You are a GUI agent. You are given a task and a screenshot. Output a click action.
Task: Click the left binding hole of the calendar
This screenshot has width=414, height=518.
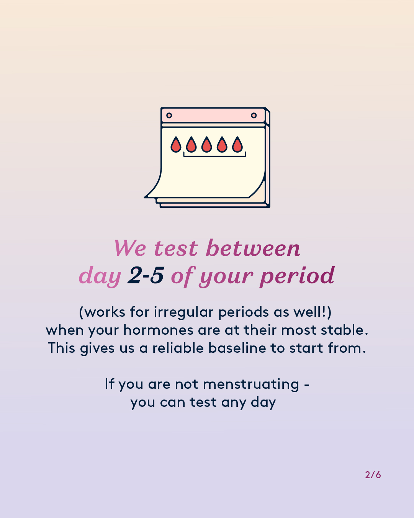pyautogui.click(x=169, y=115)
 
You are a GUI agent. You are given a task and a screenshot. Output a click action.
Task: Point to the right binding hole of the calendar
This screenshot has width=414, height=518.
pyautogui.click(x=254, y=115)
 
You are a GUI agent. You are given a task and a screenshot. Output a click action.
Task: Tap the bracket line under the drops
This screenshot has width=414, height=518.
pyautogui.click(x=215, y=156)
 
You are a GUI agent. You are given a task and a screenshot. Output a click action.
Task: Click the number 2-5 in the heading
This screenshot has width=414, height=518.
pyautogui.click(x=146, y=275)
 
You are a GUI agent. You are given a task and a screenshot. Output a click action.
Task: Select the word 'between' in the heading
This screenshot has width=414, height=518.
pyautogui.click(x=253, y=248)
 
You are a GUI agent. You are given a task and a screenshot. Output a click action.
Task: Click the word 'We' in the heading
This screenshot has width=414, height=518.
pyautogui.click(x=130, y=248)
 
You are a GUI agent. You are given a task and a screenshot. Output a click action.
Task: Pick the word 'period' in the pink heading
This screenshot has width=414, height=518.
pyautogui.click(x=297, y=276)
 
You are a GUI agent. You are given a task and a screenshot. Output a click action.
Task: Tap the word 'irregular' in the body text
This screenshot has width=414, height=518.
pyautogui.click(x=183, y=312)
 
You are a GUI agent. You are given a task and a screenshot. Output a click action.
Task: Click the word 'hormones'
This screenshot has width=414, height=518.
pyautogui.click(x=158, y=330)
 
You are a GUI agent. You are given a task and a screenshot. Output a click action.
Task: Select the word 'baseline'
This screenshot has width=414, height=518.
pyautogui.click(x=237, y=348)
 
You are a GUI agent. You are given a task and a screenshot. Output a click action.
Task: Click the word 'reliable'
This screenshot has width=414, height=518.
pyautogui.click(x=178, y=348)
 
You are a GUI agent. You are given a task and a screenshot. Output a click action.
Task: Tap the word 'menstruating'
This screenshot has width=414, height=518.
pyautogui.click(x=251, y=385)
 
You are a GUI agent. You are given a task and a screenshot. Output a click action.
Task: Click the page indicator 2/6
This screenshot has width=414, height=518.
pyautogui.click(x=373, y=475)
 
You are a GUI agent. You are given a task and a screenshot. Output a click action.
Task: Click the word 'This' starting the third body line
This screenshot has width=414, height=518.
pyautogui.click(x=62, y=348)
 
